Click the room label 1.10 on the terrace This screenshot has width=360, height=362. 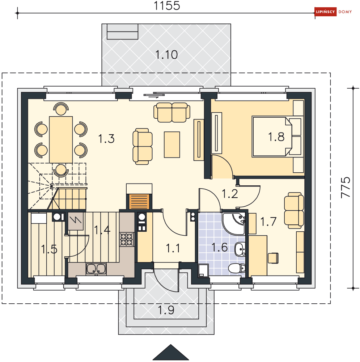[x=166, y=55]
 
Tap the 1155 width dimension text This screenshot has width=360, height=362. [x=167, y=5]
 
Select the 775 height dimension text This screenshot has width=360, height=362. [x=346, y=187]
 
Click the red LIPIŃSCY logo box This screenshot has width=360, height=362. [x=325, y=12]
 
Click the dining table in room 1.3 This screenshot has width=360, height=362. [x=61, y=140]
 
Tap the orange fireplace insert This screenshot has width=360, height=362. [x=139, y=201]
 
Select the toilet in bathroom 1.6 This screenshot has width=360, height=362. [x=237, y=268]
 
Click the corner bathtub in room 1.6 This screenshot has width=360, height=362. [x=233, y=224]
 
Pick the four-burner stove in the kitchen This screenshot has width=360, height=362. [x=127, y=239]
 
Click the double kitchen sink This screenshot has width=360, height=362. [x=96, y=269]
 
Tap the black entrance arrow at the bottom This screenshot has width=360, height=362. [x=171, y=352]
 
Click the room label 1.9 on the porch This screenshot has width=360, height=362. [x=166, y=310]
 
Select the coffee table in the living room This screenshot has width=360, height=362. [x=172, y=145]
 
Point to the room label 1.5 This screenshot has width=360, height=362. [x=49, y=249]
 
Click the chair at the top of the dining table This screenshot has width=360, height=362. [x=61, y=109]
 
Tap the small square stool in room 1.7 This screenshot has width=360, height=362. [x=273, y=258]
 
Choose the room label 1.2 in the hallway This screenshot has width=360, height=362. [x=230, y=193]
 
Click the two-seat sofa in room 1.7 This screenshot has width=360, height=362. [x=294, y=211]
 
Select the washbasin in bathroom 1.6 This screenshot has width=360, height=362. [x=240, y=249]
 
